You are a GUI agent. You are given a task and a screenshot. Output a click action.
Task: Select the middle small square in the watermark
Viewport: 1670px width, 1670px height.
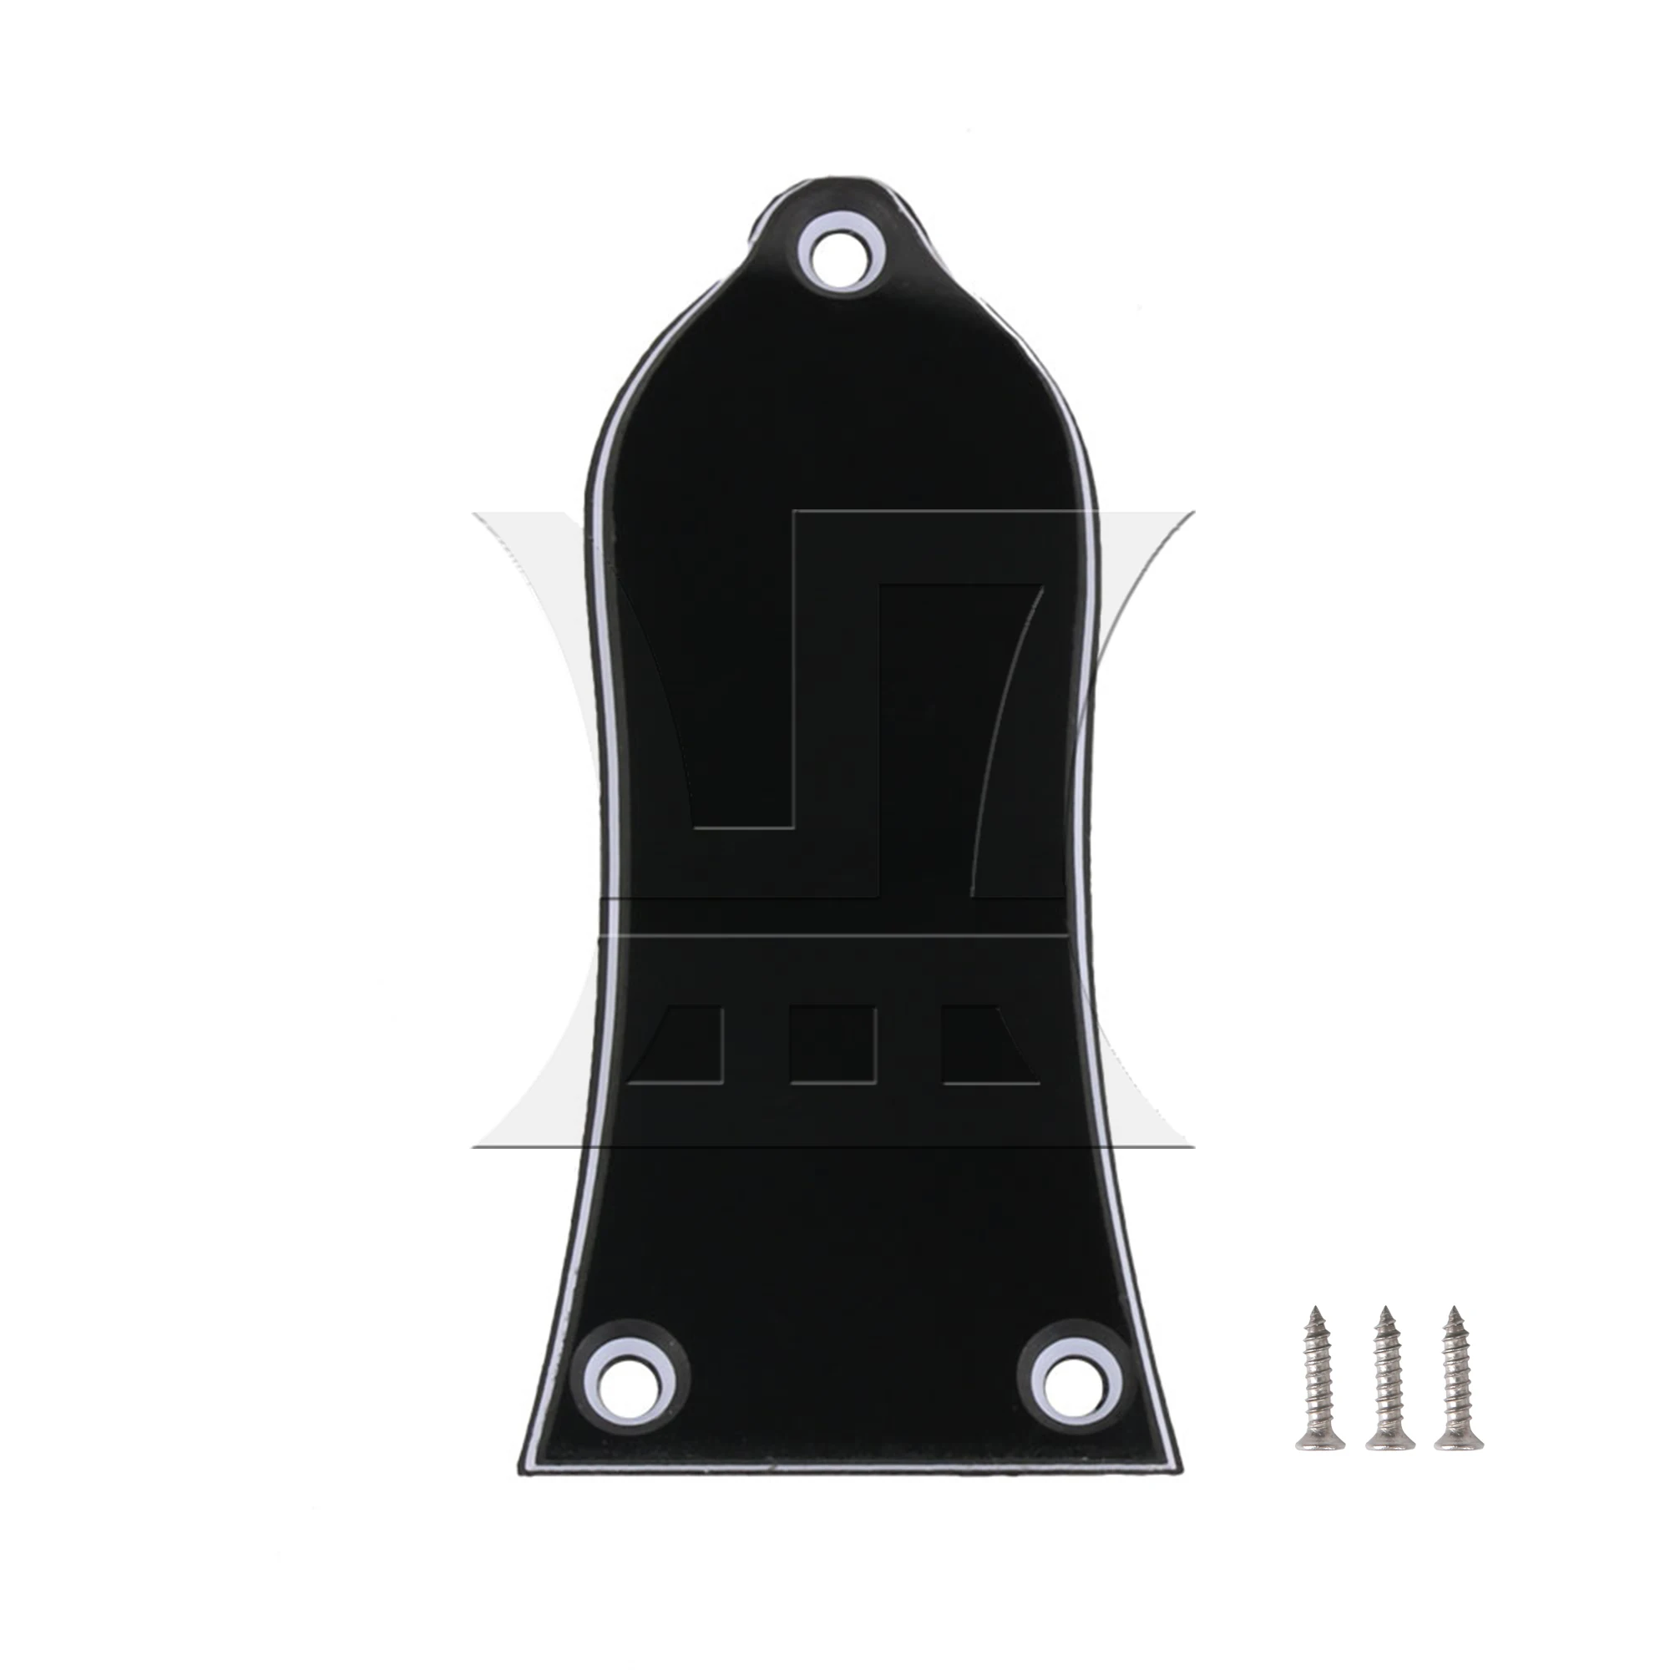pyautogui.click(x=834, y=1045)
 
